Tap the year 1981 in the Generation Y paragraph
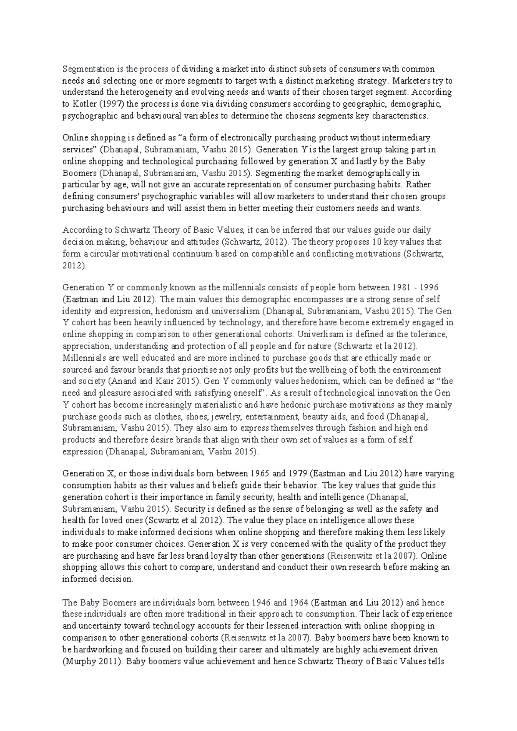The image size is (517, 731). click(401, 287)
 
